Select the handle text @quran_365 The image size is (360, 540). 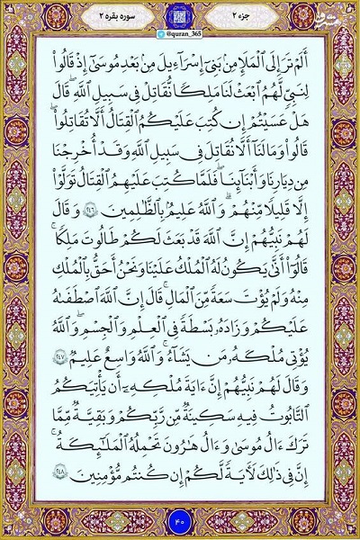(180, 31)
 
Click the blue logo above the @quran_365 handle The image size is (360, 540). (179, 17)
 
